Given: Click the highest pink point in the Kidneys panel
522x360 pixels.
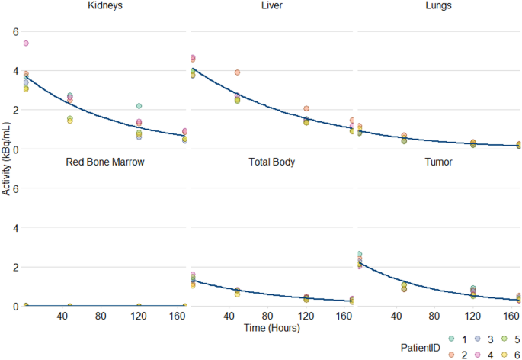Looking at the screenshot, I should click(26, 43).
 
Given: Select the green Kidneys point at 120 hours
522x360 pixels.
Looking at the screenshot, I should click(139, 106).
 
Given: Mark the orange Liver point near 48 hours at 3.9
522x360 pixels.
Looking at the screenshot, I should click(238, 72).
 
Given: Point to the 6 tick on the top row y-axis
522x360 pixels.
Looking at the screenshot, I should click(13, 31).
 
